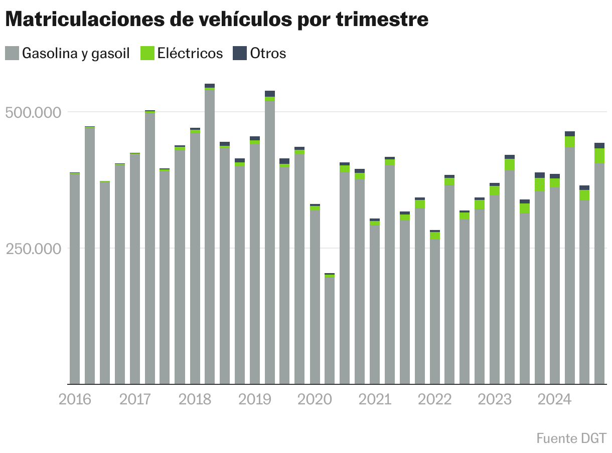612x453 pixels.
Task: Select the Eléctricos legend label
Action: [x=190, y=53]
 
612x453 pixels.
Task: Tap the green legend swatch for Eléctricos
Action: [x=147, y=53]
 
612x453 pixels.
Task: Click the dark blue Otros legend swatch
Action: [x=240, y=53]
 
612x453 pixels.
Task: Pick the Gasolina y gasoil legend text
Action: [x=76, y=53]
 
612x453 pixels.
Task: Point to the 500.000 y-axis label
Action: [x=33, y=112]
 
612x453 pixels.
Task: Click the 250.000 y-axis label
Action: [x=33, y=249]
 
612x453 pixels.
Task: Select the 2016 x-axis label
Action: [x=75, y=399]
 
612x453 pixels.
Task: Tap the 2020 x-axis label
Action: [x=315, y=399]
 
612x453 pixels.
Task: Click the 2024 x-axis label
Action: [x=554, y=399]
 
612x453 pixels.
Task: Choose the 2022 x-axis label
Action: [x=435, y=399]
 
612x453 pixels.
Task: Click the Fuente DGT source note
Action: [x=571, y=438]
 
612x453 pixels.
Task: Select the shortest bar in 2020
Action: [x=330, y=331]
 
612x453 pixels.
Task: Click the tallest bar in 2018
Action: [x=210, y=236]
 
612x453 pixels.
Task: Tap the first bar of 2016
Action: [x=75, y=281]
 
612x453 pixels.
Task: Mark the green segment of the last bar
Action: [x=599, y=156]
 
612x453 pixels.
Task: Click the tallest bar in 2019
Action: [x=270, y=241]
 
